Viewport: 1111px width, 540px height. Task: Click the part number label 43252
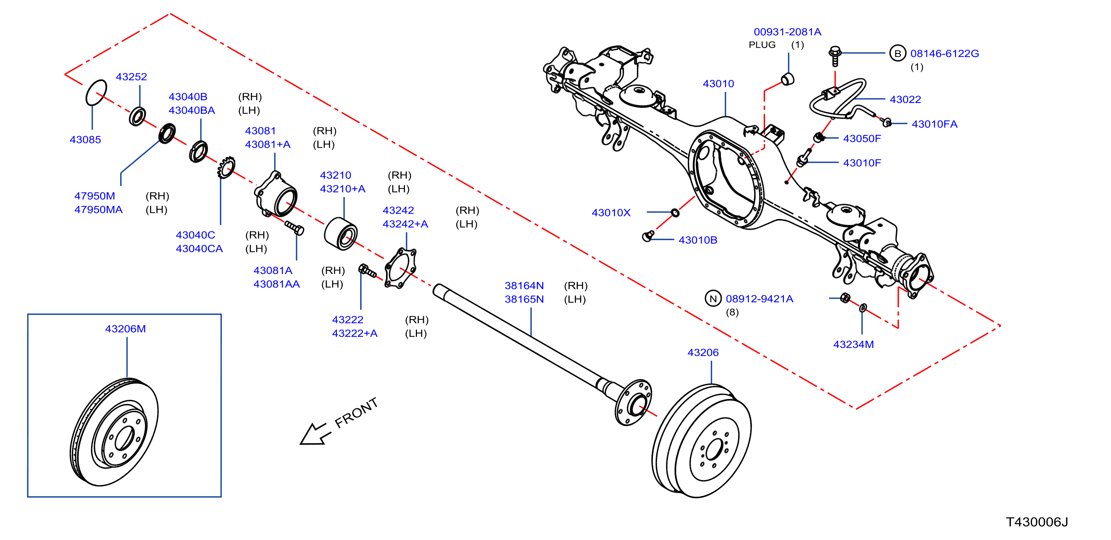point(131,77)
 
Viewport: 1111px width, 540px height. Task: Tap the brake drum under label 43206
point(701,440)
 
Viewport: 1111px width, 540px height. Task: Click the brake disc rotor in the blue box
point(114,432)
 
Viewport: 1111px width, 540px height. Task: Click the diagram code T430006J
point(1037,522)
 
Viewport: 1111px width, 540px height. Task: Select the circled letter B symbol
point(898,53)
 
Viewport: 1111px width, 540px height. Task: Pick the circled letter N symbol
point(713,299)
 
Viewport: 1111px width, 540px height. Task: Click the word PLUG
point(762,45)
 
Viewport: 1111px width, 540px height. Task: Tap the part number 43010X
point(611,213)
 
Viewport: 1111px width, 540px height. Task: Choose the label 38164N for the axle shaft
point(524,285)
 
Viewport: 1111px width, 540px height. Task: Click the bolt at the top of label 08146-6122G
point(835,56)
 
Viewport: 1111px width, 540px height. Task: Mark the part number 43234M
point(853,344)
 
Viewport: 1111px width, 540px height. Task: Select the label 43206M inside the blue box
point(126,329)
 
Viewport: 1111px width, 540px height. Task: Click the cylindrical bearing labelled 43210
point(340,234)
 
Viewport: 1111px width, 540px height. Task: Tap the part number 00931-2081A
point(787,32)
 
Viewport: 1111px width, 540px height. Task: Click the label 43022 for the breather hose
point(905,100)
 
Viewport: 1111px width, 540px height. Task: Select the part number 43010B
point(698,240)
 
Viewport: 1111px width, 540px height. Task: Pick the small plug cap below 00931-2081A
point(788,79)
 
